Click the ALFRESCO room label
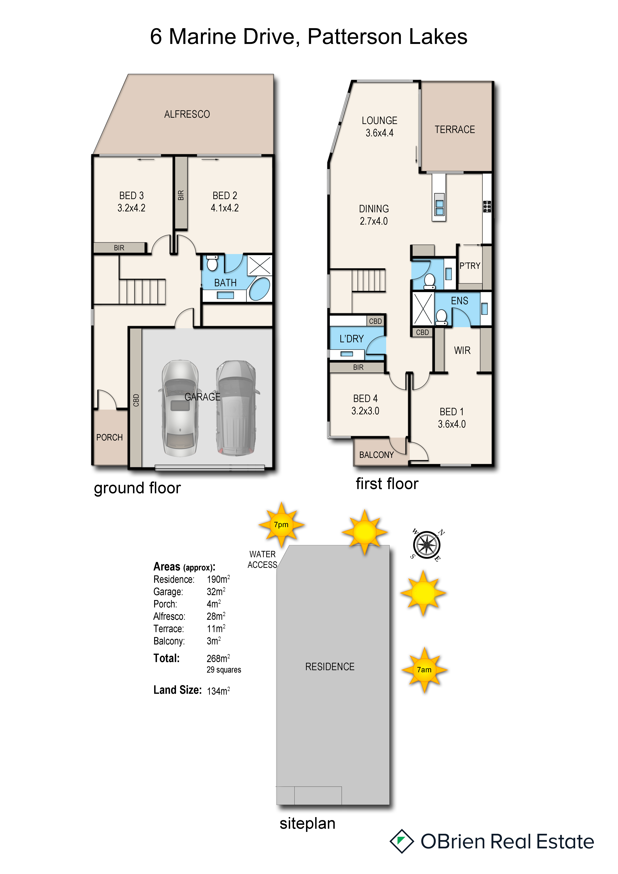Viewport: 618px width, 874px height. (x=187, y=114)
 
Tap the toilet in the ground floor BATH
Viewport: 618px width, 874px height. (x=212, y=263)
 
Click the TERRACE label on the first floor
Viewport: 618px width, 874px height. (x=455, y=130)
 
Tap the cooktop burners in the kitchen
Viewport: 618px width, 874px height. (x=487, y=206)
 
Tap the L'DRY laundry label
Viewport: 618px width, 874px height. (x=352, y=339)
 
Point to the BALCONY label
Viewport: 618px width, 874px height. (x=376, y=455)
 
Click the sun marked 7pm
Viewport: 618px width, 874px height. (x=281, y=524)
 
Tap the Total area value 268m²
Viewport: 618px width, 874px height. (x=218, y=659)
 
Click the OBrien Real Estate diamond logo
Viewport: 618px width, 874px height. (x=401, y=841)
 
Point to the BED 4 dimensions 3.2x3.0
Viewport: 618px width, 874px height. (x=365, y=411)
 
